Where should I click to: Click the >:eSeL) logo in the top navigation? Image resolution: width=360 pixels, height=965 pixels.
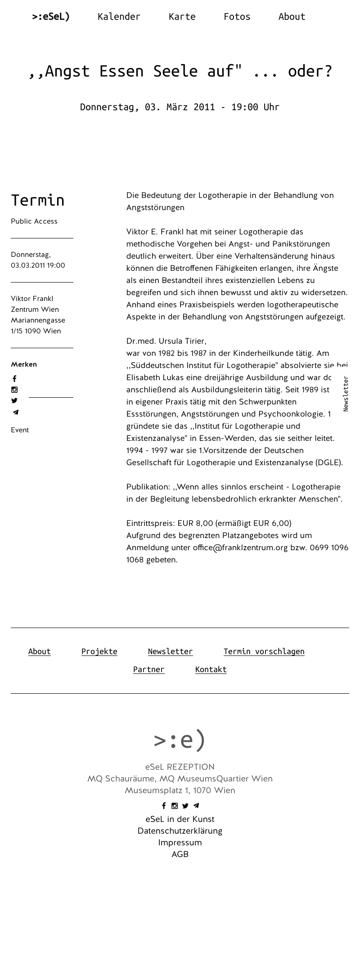click(x=51, y=17)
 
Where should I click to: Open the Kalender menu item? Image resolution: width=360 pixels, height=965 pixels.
click(x=119, y=17)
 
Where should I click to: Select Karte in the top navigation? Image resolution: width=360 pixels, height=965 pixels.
click(x=182, y=17)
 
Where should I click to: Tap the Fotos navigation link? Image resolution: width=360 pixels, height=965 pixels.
click(x=237, y=17)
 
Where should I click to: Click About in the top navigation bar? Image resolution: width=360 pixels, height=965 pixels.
click(x=292, y=17)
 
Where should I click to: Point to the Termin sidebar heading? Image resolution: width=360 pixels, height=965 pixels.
click(x=38, y=200)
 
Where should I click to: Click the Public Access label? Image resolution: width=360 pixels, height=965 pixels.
click(x=34, y=221)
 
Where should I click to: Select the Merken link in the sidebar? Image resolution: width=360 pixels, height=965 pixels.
click(x=24, y=364)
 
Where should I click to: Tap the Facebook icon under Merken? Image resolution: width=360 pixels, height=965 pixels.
click(x=14, y=379)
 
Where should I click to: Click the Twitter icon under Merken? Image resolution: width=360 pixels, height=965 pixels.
click(x=14, y=400)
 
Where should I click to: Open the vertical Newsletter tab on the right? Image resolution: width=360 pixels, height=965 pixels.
click(x=346, y=394)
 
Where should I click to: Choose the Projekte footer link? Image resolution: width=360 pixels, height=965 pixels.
click(x=99, y=651)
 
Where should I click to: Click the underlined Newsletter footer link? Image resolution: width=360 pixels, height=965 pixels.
click(x=170, y=651)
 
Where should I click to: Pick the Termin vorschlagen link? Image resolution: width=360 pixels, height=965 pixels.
click(x=264, y=651)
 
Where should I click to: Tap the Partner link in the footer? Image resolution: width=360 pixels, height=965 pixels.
click(x=148, y=669)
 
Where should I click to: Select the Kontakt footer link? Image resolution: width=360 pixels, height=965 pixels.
click(x=211, y=669)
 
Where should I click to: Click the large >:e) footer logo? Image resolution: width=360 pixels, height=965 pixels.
click(x=180, y=740)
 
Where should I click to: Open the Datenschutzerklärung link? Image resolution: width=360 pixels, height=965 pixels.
click(x=180, y=831)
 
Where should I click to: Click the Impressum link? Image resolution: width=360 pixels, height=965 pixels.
click(x=180, y=843)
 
